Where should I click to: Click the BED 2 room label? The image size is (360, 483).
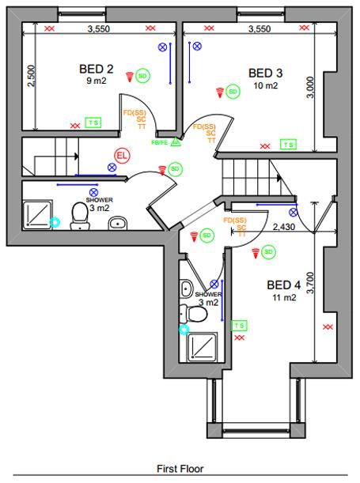coord(97,69)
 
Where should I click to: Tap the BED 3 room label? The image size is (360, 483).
coord(265,73)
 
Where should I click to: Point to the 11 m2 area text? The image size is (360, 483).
coord(285,298)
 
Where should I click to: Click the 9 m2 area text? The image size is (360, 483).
coord(97,80)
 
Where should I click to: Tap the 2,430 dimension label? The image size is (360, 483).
coord(283,228)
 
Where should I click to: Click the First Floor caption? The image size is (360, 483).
coord(180,468)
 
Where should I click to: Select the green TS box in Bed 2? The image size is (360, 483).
coord(93,123)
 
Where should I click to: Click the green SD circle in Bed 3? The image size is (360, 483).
coord(233,92)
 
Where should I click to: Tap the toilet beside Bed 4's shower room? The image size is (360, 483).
coord(199,314)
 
